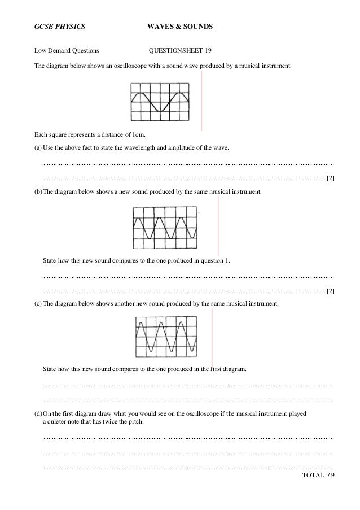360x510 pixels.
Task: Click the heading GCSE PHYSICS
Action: click(x=59, y=27)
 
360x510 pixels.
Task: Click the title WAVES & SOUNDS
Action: click(x=179, y=27)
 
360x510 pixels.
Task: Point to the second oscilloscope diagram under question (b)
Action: click(x=165, y=228)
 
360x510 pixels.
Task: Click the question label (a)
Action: click(x=38, y=147)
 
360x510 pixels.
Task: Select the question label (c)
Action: click(x=38, y=303)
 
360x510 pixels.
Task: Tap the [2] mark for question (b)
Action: click(x=330, y=291)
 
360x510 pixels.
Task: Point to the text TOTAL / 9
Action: click(x=318, y=476)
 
